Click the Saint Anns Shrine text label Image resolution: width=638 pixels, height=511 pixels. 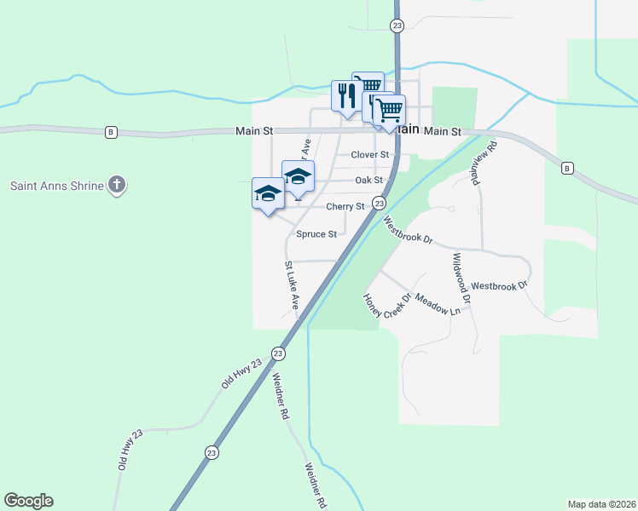pos(57,185)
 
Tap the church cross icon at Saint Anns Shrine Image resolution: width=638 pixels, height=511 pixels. pos(118,185)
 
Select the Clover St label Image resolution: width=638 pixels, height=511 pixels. pos(369,155)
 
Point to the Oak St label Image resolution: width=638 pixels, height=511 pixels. pos(368,181)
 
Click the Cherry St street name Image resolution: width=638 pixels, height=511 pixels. pos(345,206)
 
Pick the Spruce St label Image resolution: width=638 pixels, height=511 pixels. pos(316,233)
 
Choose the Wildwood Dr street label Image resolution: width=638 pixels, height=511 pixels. pos(461,278)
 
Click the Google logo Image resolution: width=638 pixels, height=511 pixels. pos(28,501)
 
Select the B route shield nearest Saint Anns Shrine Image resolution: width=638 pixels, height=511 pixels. pos(111,132)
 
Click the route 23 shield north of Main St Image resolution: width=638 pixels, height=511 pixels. pos(397,26)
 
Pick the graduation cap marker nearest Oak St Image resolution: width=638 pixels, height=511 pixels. pos(298,176)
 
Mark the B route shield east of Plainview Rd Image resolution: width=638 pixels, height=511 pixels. pos(567,169)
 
